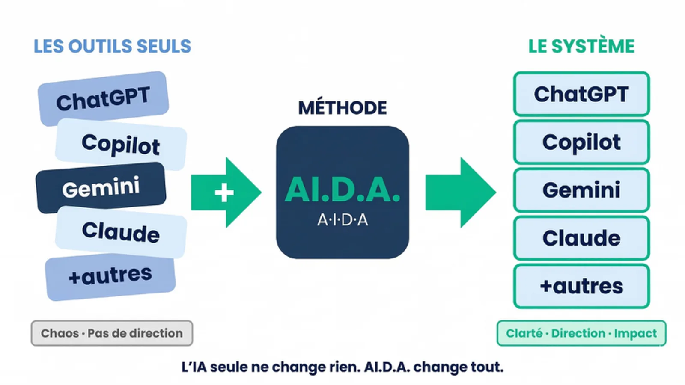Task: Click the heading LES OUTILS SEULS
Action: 112,47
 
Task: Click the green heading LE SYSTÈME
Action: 581,47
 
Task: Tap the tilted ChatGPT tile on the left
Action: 103,98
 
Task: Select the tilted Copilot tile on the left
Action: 121,144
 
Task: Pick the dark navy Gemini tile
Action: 101,187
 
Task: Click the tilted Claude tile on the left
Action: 121,232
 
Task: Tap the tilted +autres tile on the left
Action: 110,276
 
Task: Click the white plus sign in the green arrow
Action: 224,192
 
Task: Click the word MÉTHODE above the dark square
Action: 342,108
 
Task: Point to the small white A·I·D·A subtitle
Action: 342,220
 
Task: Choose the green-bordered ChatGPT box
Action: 581,94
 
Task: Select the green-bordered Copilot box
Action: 581,142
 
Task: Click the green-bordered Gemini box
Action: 581,190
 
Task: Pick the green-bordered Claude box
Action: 581,238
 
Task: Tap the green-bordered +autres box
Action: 581,286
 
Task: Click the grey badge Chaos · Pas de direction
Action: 112,333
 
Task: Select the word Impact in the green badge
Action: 635,334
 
